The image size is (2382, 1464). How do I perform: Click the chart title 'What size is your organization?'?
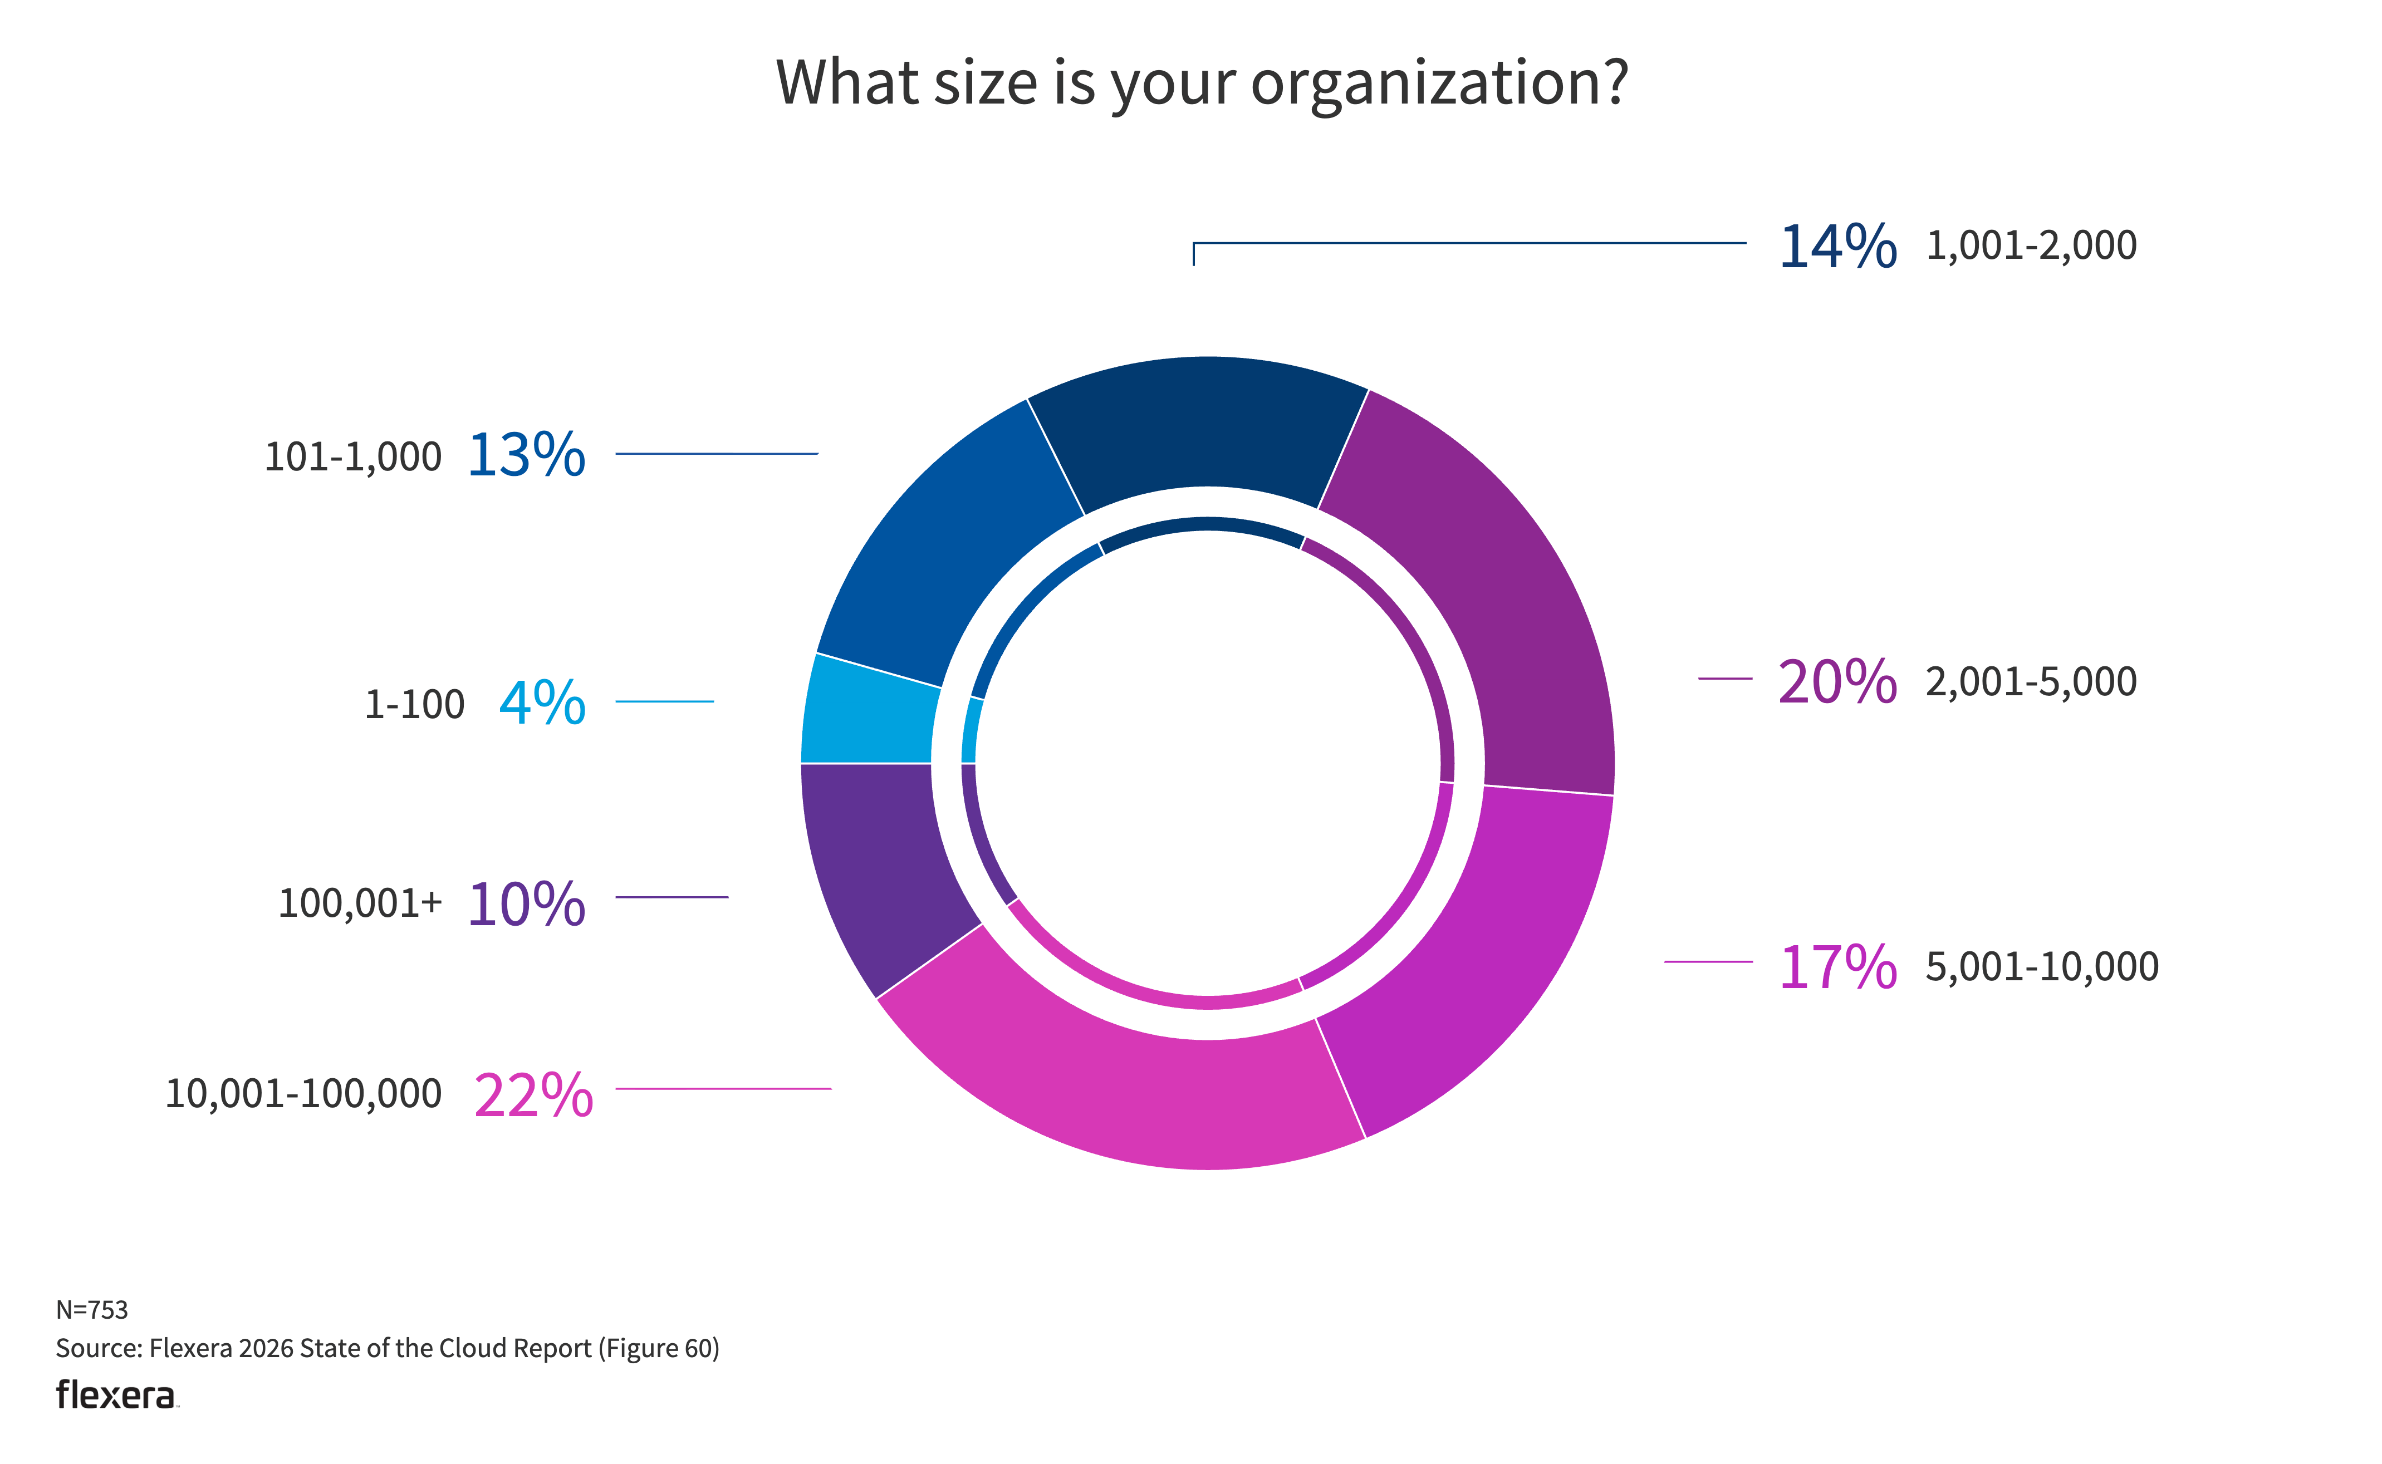(x=1202, y=83)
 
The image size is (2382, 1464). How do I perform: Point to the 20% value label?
(x=1837, y=682)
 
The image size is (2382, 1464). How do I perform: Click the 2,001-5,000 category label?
(x=2031, y=682)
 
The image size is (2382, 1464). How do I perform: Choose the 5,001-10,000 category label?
(x=2041, y=966)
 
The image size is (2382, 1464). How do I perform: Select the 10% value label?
(x=526, y=905)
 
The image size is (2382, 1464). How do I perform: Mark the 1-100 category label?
(x=414, y=705)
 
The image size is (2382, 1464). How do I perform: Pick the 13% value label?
(x=526, y=455)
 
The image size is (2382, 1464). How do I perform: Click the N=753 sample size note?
(x=92, y=1309)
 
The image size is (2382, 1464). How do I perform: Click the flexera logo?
(x=116, y=1396)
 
